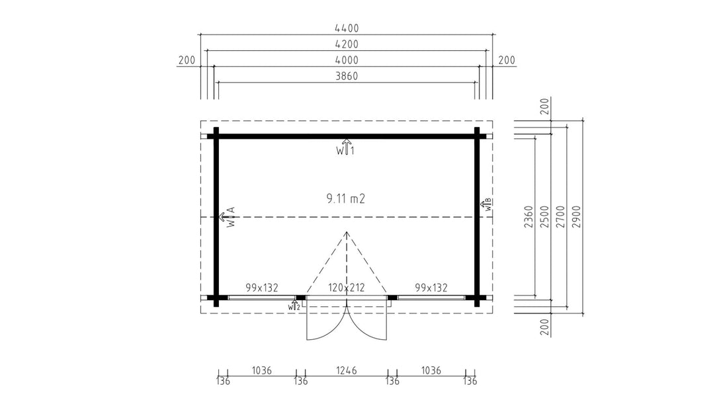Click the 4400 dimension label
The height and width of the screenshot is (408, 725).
347,28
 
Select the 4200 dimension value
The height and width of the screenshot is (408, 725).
347,44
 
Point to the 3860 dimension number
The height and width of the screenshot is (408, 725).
347,76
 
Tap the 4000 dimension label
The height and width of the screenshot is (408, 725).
347,60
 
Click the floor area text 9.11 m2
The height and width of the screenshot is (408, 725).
346,198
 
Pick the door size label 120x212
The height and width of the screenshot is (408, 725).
347,288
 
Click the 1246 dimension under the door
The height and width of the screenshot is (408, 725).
347,370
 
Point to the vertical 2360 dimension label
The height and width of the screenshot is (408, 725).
529,217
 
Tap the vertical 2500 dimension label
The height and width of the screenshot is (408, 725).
545,217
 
